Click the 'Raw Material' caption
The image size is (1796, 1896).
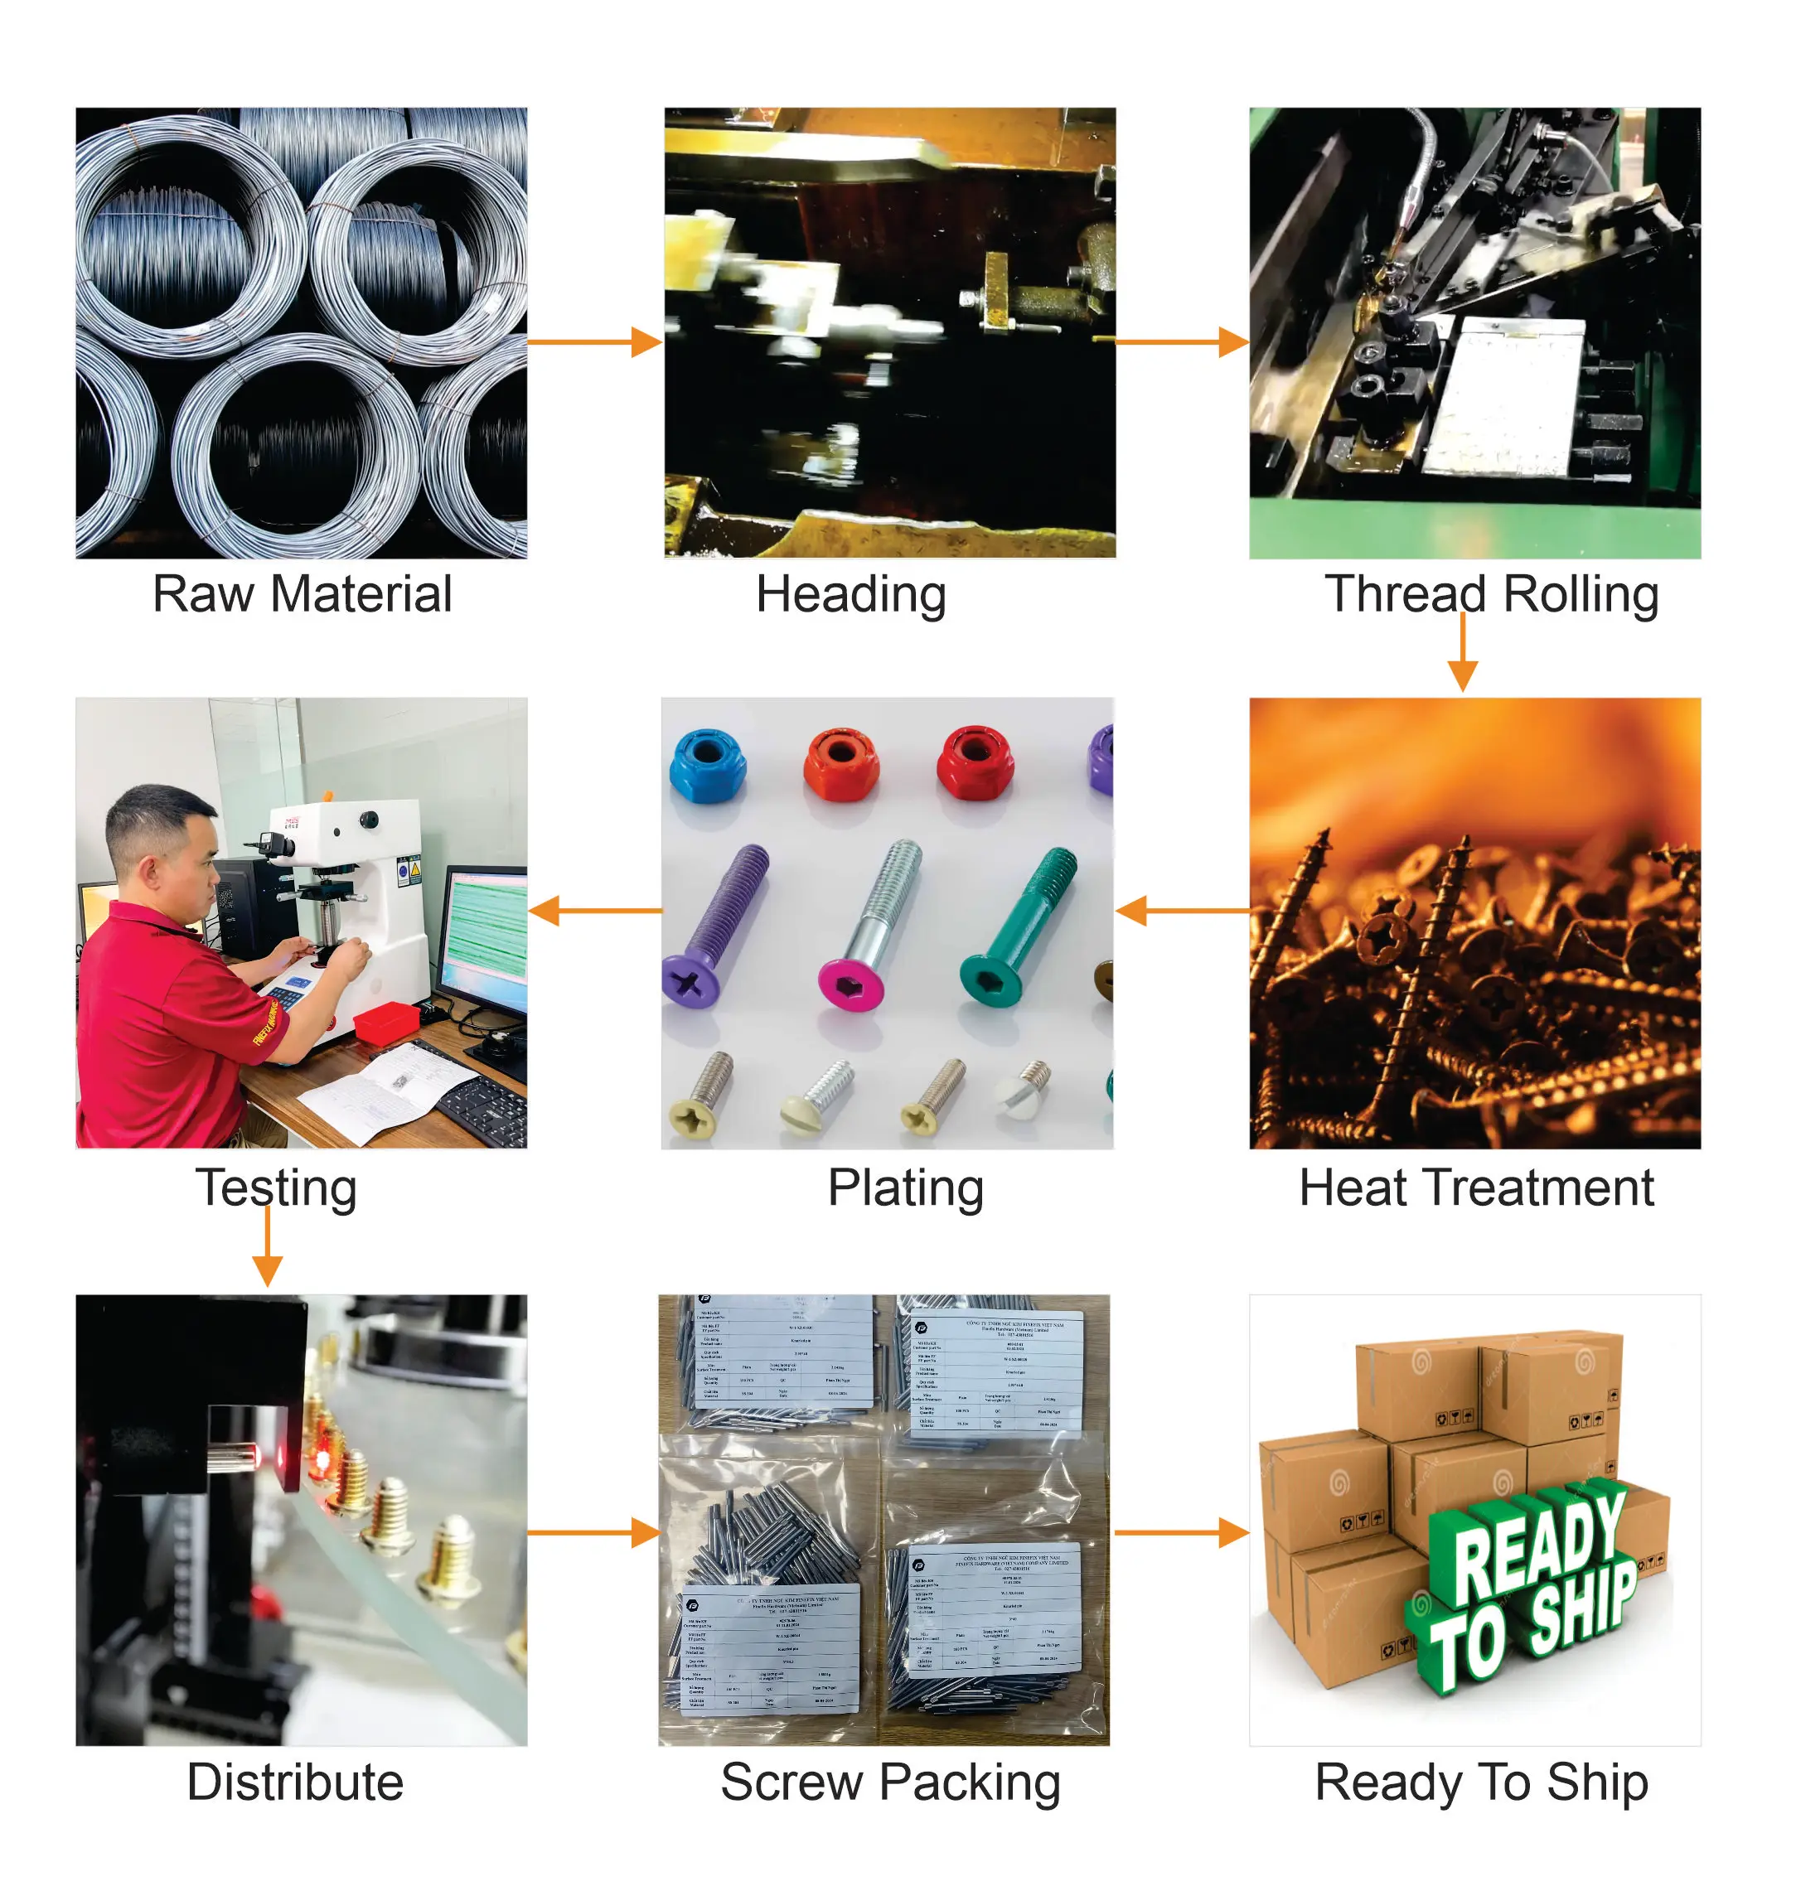302,594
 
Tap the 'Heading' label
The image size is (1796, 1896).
851,594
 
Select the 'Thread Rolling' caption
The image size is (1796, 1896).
1491,594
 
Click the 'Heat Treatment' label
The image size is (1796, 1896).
1475,1187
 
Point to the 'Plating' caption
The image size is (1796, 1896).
905,1187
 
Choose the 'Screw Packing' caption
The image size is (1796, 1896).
890,1782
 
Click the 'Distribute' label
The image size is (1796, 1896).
295,1782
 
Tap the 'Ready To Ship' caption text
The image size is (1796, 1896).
1481,1782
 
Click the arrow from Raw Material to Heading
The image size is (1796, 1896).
594,341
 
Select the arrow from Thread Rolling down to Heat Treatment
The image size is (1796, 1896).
1462,653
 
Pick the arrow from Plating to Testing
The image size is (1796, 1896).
594,910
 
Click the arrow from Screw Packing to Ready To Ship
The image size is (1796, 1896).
1181,1533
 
